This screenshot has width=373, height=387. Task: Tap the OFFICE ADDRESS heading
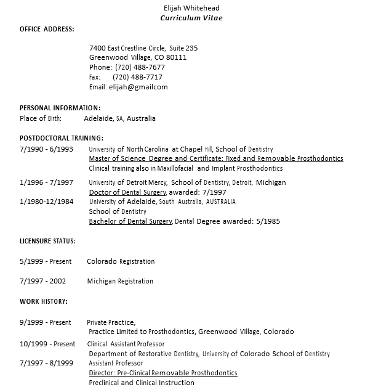coord(47,29)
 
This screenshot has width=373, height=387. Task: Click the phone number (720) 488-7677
coord(139,67)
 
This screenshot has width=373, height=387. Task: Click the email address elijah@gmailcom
coord(138,87)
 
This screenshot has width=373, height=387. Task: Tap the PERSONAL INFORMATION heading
coord(60,108)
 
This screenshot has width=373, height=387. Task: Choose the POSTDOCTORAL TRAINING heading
coord(62,137)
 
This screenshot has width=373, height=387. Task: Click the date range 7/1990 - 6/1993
coord(46,149)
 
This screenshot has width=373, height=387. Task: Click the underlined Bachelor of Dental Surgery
coord(130,221)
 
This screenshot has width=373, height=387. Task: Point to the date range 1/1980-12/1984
coord(46,202)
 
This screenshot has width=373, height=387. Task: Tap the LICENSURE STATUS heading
coord(47,240)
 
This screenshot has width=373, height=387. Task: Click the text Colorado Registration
coord(121,261)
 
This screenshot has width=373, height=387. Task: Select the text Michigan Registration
coord(120,281)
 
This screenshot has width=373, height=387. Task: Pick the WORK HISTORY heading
coord(44,301)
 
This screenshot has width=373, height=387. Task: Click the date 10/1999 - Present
coord(47,344)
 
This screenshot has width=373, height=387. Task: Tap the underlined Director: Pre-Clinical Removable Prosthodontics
coord(162,373)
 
